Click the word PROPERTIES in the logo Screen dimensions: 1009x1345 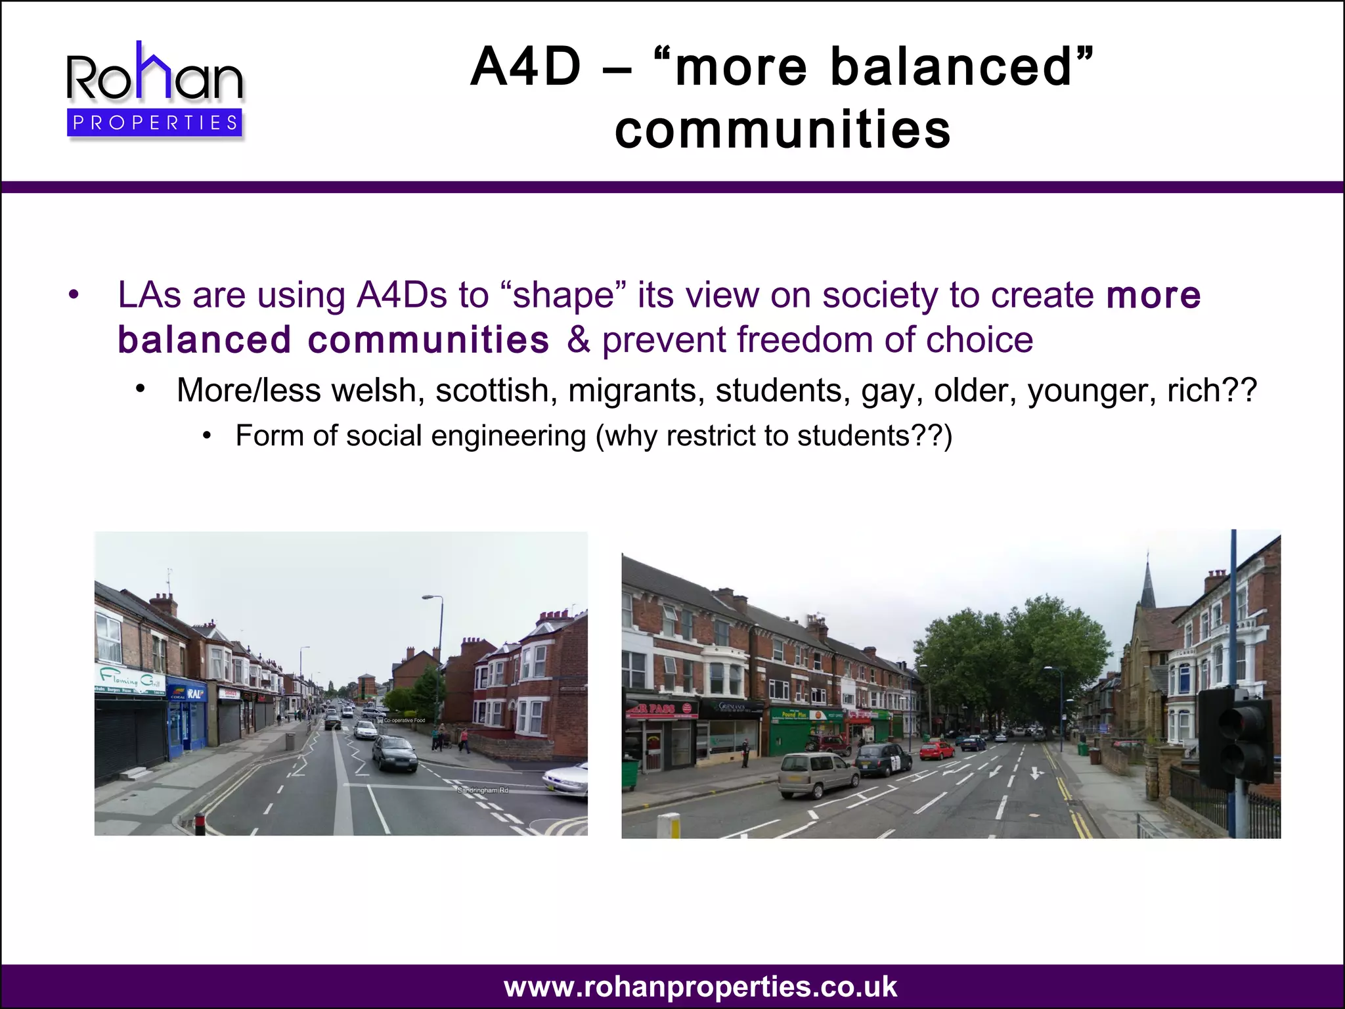point(155,123)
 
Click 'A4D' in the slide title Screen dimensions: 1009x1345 point(526,67)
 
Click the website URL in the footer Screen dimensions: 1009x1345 point(700,987)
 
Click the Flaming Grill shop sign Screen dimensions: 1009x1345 point(130,677)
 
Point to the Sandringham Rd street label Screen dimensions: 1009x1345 point(483,790)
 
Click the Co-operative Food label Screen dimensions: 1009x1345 point(404,721)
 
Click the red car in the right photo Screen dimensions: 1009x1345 point(937,750)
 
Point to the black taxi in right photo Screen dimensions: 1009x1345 point(883,761)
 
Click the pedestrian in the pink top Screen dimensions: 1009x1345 point(464,739)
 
